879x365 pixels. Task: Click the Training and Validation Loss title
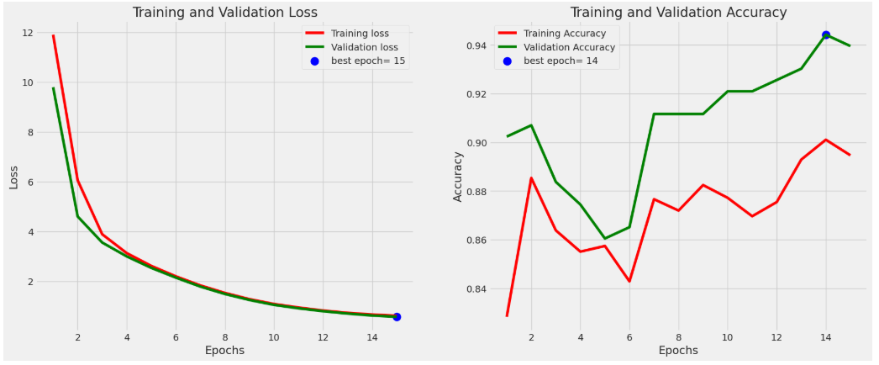pyautogui.click(x=224, y=13)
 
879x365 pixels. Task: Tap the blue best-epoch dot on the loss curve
pyautogui.click(x=397, y=317)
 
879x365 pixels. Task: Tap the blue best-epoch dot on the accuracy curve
pyautogui.click(x=826, y=34)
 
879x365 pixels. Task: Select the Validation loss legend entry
pyautogui.click(x=352, y=48)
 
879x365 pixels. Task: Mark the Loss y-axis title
pyautogui.click(x=14, y=177)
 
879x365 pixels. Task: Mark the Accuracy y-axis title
pyautogui.click(x=458, y=177)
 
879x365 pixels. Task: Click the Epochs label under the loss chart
pyautogui.click(x=225, y=351)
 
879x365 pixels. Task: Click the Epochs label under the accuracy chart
pyautogui.click(x=678, y=351)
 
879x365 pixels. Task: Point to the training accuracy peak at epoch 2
pyautogui.click(x=531, y=177)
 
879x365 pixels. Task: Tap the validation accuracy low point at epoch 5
pyautogui.click(x=605, y=238)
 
